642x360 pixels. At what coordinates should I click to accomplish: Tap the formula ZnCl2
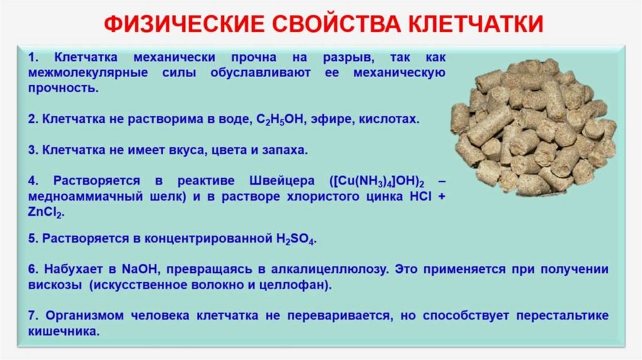[x=46, y=213]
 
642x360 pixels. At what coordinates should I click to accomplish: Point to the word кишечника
[x=63, y=332]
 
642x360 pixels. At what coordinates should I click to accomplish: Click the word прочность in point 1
[x=63, y=88]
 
